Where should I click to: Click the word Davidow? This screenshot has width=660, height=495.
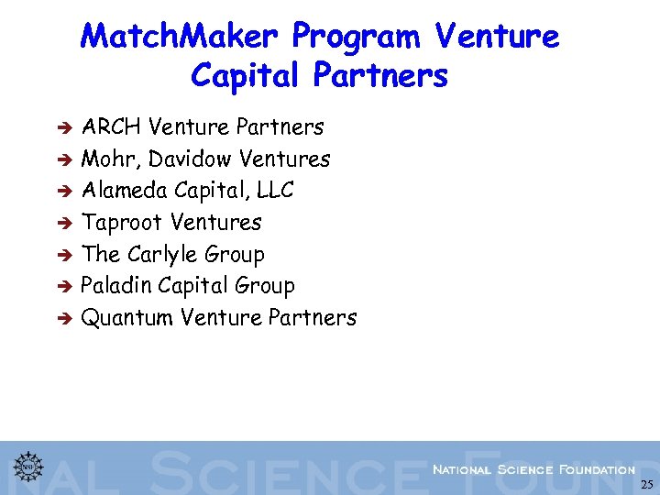click(189, 159)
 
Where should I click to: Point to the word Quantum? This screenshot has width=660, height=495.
click(127, 318)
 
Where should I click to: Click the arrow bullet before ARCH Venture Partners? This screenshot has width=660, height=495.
click(65, 127)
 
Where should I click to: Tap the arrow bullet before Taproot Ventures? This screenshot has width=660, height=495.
click(65, 223)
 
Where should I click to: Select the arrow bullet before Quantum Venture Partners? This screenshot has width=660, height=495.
click(65, 319)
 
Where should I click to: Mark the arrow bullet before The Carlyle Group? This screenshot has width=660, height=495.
click(65, 255)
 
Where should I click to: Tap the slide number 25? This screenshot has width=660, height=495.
click(646, 485)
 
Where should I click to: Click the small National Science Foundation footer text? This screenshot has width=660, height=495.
click(533, 469)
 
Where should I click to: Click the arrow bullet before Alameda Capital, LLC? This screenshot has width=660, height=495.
click(65, 192)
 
